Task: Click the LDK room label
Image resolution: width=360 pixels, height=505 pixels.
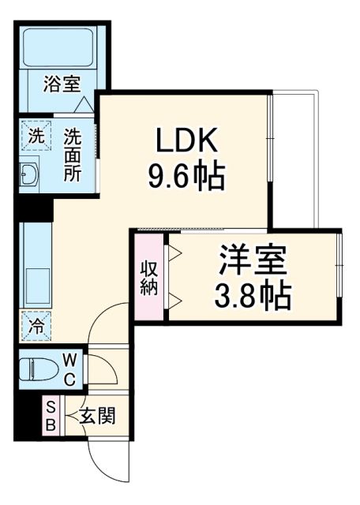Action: tap(186, 141)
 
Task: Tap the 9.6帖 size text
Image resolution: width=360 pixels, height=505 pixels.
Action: tap(186, 175)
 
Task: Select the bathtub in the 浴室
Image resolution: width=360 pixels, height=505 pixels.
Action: tap(58, 47)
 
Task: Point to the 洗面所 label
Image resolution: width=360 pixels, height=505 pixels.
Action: tap(72, 154)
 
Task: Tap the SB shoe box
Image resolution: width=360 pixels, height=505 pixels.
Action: tap(49, 414)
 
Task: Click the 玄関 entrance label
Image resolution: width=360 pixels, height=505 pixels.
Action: tap(97, 415)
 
